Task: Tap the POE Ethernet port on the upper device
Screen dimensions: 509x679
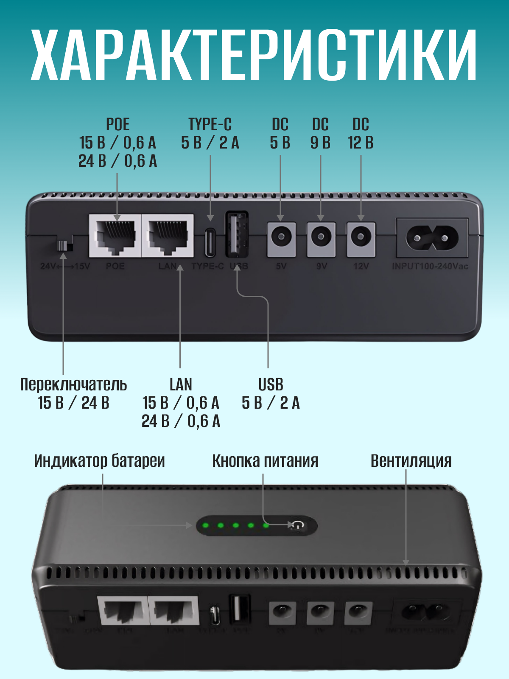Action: [x=115, y=236]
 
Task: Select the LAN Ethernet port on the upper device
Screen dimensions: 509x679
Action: [x=168, y=236]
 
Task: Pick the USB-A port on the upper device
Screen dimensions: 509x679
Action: [x=237, y=234]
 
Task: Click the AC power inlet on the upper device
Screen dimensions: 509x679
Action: [x=432, y=238]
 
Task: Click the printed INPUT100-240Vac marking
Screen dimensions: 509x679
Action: [x=430, y=267]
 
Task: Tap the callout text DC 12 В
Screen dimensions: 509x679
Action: [x=361, y=134]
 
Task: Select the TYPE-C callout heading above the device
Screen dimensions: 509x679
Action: [x=210, y=125]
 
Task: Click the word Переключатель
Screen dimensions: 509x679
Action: [x=73, y=384]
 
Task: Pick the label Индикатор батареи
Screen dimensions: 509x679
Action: [x=99, y=461]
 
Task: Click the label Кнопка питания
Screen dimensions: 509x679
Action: [x=265, y=461]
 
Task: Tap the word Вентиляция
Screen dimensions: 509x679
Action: [x=411, y=461]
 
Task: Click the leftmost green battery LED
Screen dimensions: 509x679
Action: [x=206, y=525]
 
